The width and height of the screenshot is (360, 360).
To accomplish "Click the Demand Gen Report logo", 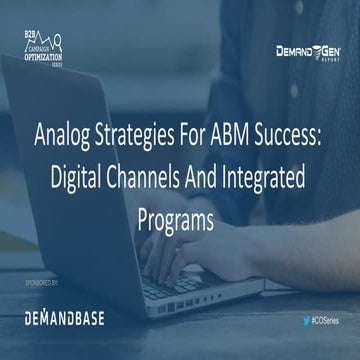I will coord(309,51).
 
